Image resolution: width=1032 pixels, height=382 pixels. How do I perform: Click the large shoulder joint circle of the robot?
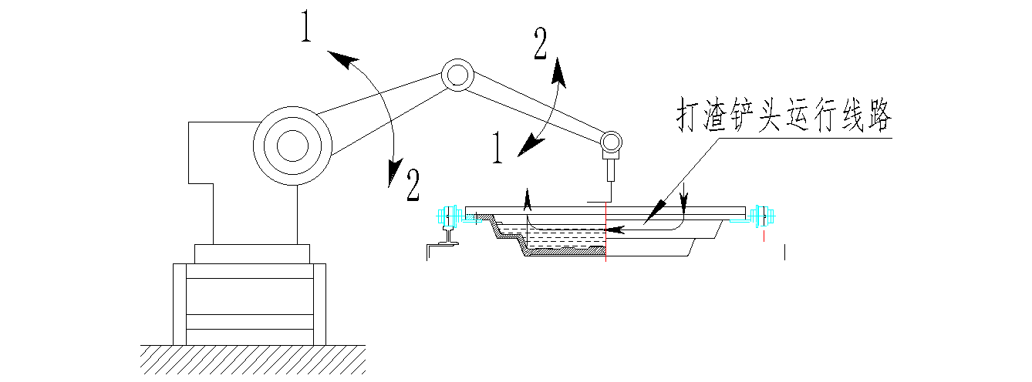pyautogui.click(x=292, y=143)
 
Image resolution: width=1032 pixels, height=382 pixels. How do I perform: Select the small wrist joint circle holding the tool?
pyautogui.click(x=611, y=141)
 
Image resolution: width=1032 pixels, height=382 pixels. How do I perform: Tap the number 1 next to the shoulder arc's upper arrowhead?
pyautogui.click(x=308, y=30)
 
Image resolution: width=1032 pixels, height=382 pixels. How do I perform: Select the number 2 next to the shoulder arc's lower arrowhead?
pyautogui.click(x=413, y=185)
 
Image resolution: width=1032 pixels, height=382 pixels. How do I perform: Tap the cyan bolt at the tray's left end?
pyautogui.click(x=448, y=215)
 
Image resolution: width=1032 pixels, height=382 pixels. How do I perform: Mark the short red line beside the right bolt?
pyautogui.click(x=764, y=236)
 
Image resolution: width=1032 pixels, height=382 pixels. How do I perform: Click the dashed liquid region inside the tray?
pyautogui.click(x=563, y=240)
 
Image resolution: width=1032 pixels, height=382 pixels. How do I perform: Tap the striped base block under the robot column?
pyautogui.click(x=249, y=303)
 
